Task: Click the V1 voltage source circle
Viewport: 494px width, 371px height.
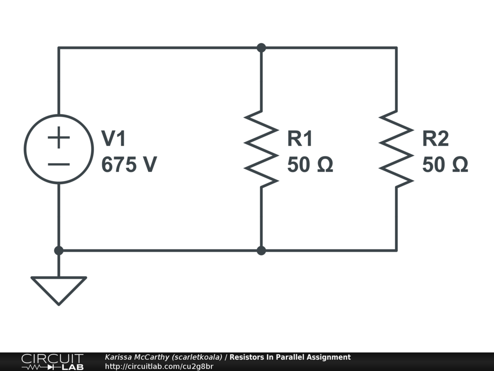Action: click(x=59, y=149)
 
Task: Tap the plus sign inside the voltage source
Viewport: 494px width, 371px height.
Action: click(x=59, y=139)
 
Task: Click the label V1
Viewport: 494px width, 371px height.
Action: click(x=113, y=139)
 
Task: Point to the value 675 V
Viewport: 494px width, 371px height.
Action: click(x=129, y=165)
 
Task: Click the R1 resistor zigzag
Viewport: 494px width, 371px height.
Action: click(x=261, y=149)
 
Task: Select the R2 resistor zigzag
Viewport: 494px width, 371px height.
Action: click(x=397, y=149)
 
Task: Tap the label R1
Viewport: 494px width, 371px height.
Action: click(x=300, y=139)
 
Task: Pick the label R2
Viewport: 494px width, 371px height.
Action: click(x=435, y=139)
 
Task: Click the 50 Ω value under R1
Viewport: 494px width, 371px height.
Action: click(x=310, y=165)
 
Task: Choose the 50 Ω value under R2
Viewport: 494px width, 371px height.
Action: click(x=445, y=165)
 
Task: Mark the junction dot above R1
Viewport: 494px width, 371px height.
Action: click(x=261, y=48)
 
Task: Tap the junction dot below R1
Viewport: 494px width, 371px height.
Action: click(x=261, y=251)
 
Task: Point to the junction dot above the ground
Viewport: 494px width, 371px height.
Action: click(x=59, y=251)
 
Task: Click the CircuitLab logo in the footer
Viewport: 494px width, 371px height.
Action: click(x=52, y=362)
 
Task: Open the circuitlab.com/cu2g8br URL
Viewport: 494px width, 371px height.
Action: click(x=159, y=366)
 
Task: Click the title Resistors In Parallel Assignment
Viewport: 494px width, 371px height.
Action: click(x=290, y=357)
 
